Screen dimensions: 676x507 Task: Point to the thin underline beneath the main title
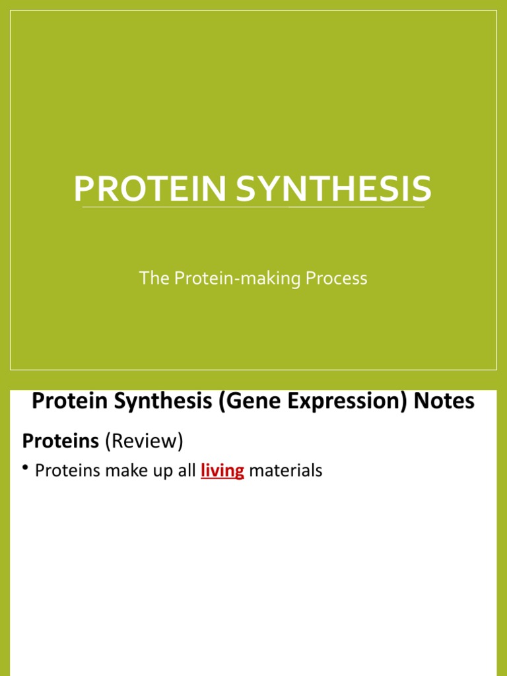point(253,207)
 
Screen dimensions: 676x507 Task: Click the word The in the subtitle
point(154,279)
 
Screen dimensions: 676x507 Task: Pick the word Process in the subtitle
point(336,279)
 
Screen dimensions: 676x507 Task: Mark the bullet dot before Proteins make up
point(26,469)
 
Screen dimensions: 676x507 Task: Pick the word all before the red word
point(188,471)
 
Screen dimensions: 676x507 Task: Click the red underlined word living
point(222,471)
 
